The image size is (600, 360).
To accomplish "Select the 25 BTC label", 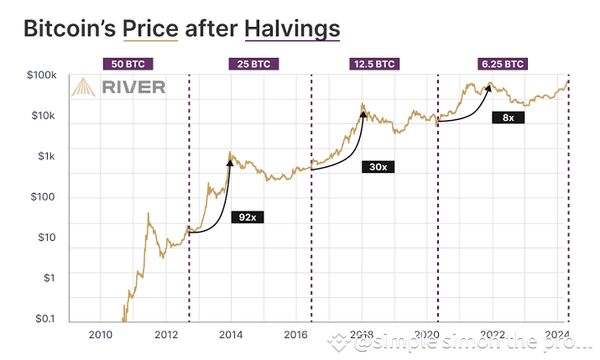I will click(249, 64).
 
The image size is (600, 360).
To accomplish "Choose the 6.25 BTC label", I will click(503, 64).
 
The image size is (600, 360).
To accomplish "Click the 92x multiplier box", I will click(247, 217).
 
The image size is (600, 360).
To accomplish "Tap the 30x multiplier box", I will click(377, 167).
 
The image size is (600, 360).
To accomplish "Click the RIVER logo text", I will click(133, 87).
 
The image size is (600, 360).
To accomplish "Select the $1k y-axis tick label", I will click(45, 156).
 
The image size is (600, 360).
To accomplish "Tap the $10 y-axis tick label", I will click(45, 237).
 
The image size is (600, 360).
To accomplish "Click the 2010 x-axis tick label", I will click(100, 334).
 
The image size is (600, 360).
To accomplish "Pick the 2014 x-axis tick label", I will click(230, 334).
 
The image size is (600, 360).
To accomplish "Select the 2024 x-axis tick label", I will click(556, 334).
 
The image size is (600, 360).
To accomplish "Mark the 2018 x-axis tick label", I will click(361, 334).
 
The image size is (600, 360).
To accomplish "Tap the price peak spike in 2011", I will click(149, 214).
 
